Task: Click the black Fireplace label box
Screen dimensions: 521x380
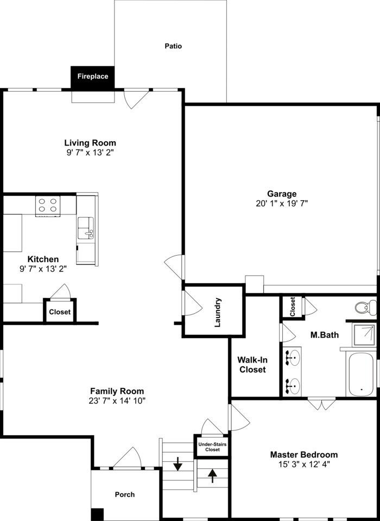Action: (92, 77)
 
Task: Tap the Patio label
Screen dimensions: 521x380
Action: (173, 46)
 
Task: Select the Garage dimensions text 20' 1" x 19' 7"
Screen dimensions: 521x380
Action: (281, 204)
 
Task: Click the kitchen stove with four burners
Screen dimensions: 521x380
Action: (48, 206)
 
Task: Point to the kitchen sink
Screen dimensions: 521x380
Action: (86, 227)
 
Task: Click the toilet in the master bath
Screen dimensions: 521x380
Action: (366, 307)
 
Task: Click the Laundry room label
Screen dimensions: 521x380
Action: (218, 313)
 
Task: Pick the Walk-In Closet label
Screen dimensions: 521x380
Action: (252, 364)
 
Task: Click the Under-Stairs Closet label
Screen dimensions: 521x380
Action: (209, 447)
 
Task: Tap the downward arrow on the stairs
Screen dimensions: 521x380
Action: (178, 465)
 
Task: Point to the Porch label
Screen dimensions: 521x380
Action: (125, 494)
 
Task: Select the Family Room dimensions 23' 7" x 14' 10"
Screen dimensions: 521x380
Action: (117, 401)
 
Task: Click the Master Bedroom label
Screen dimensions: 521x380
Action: (304, 455)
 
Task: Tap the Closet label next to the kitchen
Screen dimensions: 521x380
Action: (59, 312)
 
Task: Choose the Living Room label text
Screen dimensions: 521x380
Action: (90, 143)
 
